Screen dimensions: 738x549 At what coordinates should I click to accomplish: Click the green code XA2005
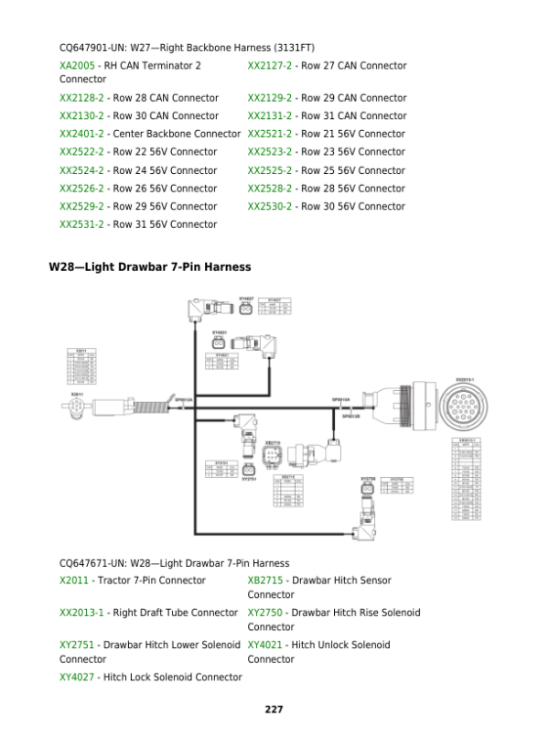[77, 66]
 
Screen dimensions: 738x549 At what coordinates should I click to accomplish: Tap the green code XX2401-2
[84, 134]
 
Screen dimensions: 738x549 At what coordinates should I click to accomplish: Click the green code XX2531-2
[84, 224]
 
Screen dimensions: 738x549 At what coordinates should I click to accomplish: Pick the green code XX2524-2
[84, 170]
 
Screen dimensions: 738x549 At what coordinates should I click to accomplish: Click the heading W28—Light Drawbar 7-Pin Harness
[149, 266]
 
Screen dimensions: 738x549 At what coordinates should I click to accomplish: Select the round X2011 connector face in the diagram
[78, 408]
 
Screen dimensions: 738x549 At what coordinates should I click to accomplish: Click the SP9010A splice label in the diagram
[340, 400]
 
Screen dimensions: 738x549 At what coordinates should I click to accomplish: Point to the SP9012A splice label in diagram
[184, 400]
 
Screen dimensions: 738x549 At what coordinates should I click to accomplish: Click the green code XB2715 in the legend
[265, 581]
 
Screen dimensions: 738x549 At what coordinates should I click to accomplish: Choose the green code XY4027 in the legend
[77, 677]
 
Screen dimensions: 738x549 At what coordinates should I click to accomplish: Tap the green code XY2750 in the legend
[265, 613]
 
